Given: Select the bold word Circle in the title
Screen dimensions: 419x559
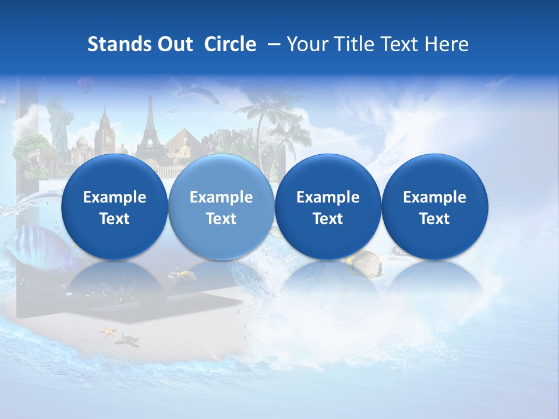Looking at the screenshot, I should click(230, 44).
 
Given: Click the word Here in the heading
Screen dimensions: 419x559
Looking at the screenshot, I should click(447, 44).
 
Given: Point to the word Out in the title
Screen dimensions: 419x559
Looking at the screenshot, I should click(174, 44).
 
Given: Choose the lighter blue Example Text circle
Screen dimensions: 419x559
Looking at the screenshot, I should click(221, 207).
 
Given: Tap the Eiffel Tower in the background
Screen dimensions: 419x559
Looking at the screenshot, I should click(150, 128).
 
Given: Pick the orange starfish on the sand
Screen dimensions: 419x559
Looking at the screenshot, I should click(108, 332).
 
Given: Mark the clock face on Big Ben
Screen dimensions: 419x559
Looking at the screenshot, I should click(107, 140).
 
